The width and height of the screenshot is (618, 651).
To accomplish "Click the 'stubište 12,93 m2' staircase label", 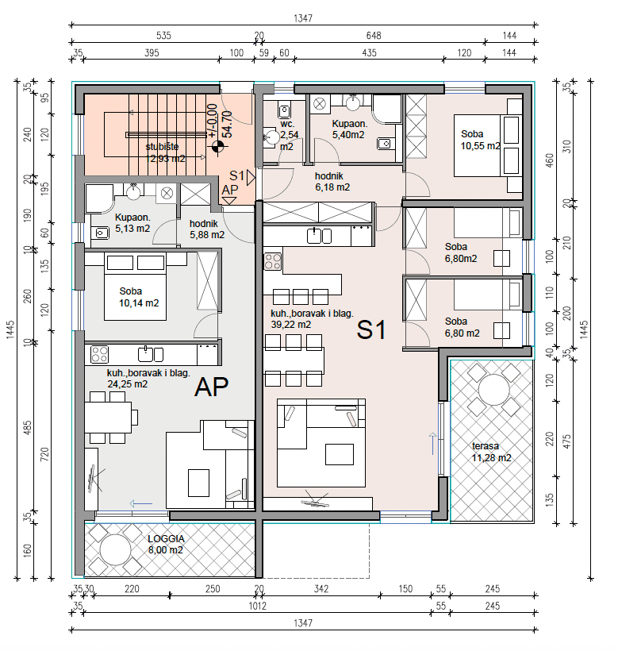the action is coord(166,152).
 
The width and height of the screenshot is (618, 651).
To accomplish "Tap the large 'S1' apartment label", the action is coord(371,330).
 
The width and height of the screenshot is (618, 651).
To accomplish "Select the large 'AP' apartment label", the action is coord(212,387).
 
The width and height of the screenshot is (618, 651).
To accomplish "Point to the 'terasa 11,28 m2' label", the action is coord(492,453).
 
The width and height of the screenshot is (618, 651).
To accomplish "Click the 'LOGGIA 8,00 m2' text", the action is coord(166,545).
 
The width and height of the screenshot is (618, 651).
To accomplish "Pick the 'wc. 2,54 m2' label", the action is coord(289,135).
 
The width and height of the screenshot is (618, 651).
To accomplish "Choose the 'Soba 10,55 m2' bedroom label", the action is coord(480,140).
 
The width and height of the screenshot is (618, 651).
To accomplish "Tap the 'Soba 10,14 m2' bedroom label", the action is coord(139,297).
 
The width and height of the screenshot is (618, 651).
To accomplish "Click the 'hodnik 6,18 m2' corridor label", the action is coord(332,182).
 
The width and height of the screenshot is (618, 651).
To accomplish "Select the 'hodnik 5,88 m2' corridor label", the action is coord(207,229).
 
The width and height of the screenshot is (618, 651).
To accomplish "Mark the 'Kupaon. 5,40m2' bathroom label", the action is coord(349,129).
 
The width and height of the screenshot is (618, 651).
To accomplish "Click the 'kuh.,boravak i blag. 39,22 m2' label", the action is coord(312,319).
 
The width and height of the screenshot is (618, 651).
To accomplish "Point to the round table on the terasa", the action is coord(493,390).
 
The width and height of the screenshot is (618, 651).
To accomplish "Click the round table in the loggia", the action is coord(115,549).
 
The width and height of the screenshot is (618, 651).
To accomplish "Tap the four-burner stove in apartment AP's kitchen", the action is coord(99,355).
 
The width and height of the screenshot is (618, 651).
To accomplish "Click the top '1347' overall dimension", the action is coord(303,18).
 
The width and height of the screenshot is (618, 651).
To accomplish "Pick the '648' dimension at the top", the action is coord(374,36).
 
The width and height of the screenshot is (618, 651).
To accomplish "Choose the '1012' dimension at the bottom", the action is coord(258,606).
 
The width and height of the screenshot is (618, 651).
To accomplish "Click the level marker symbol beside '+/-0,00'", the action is coord(217,146).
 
